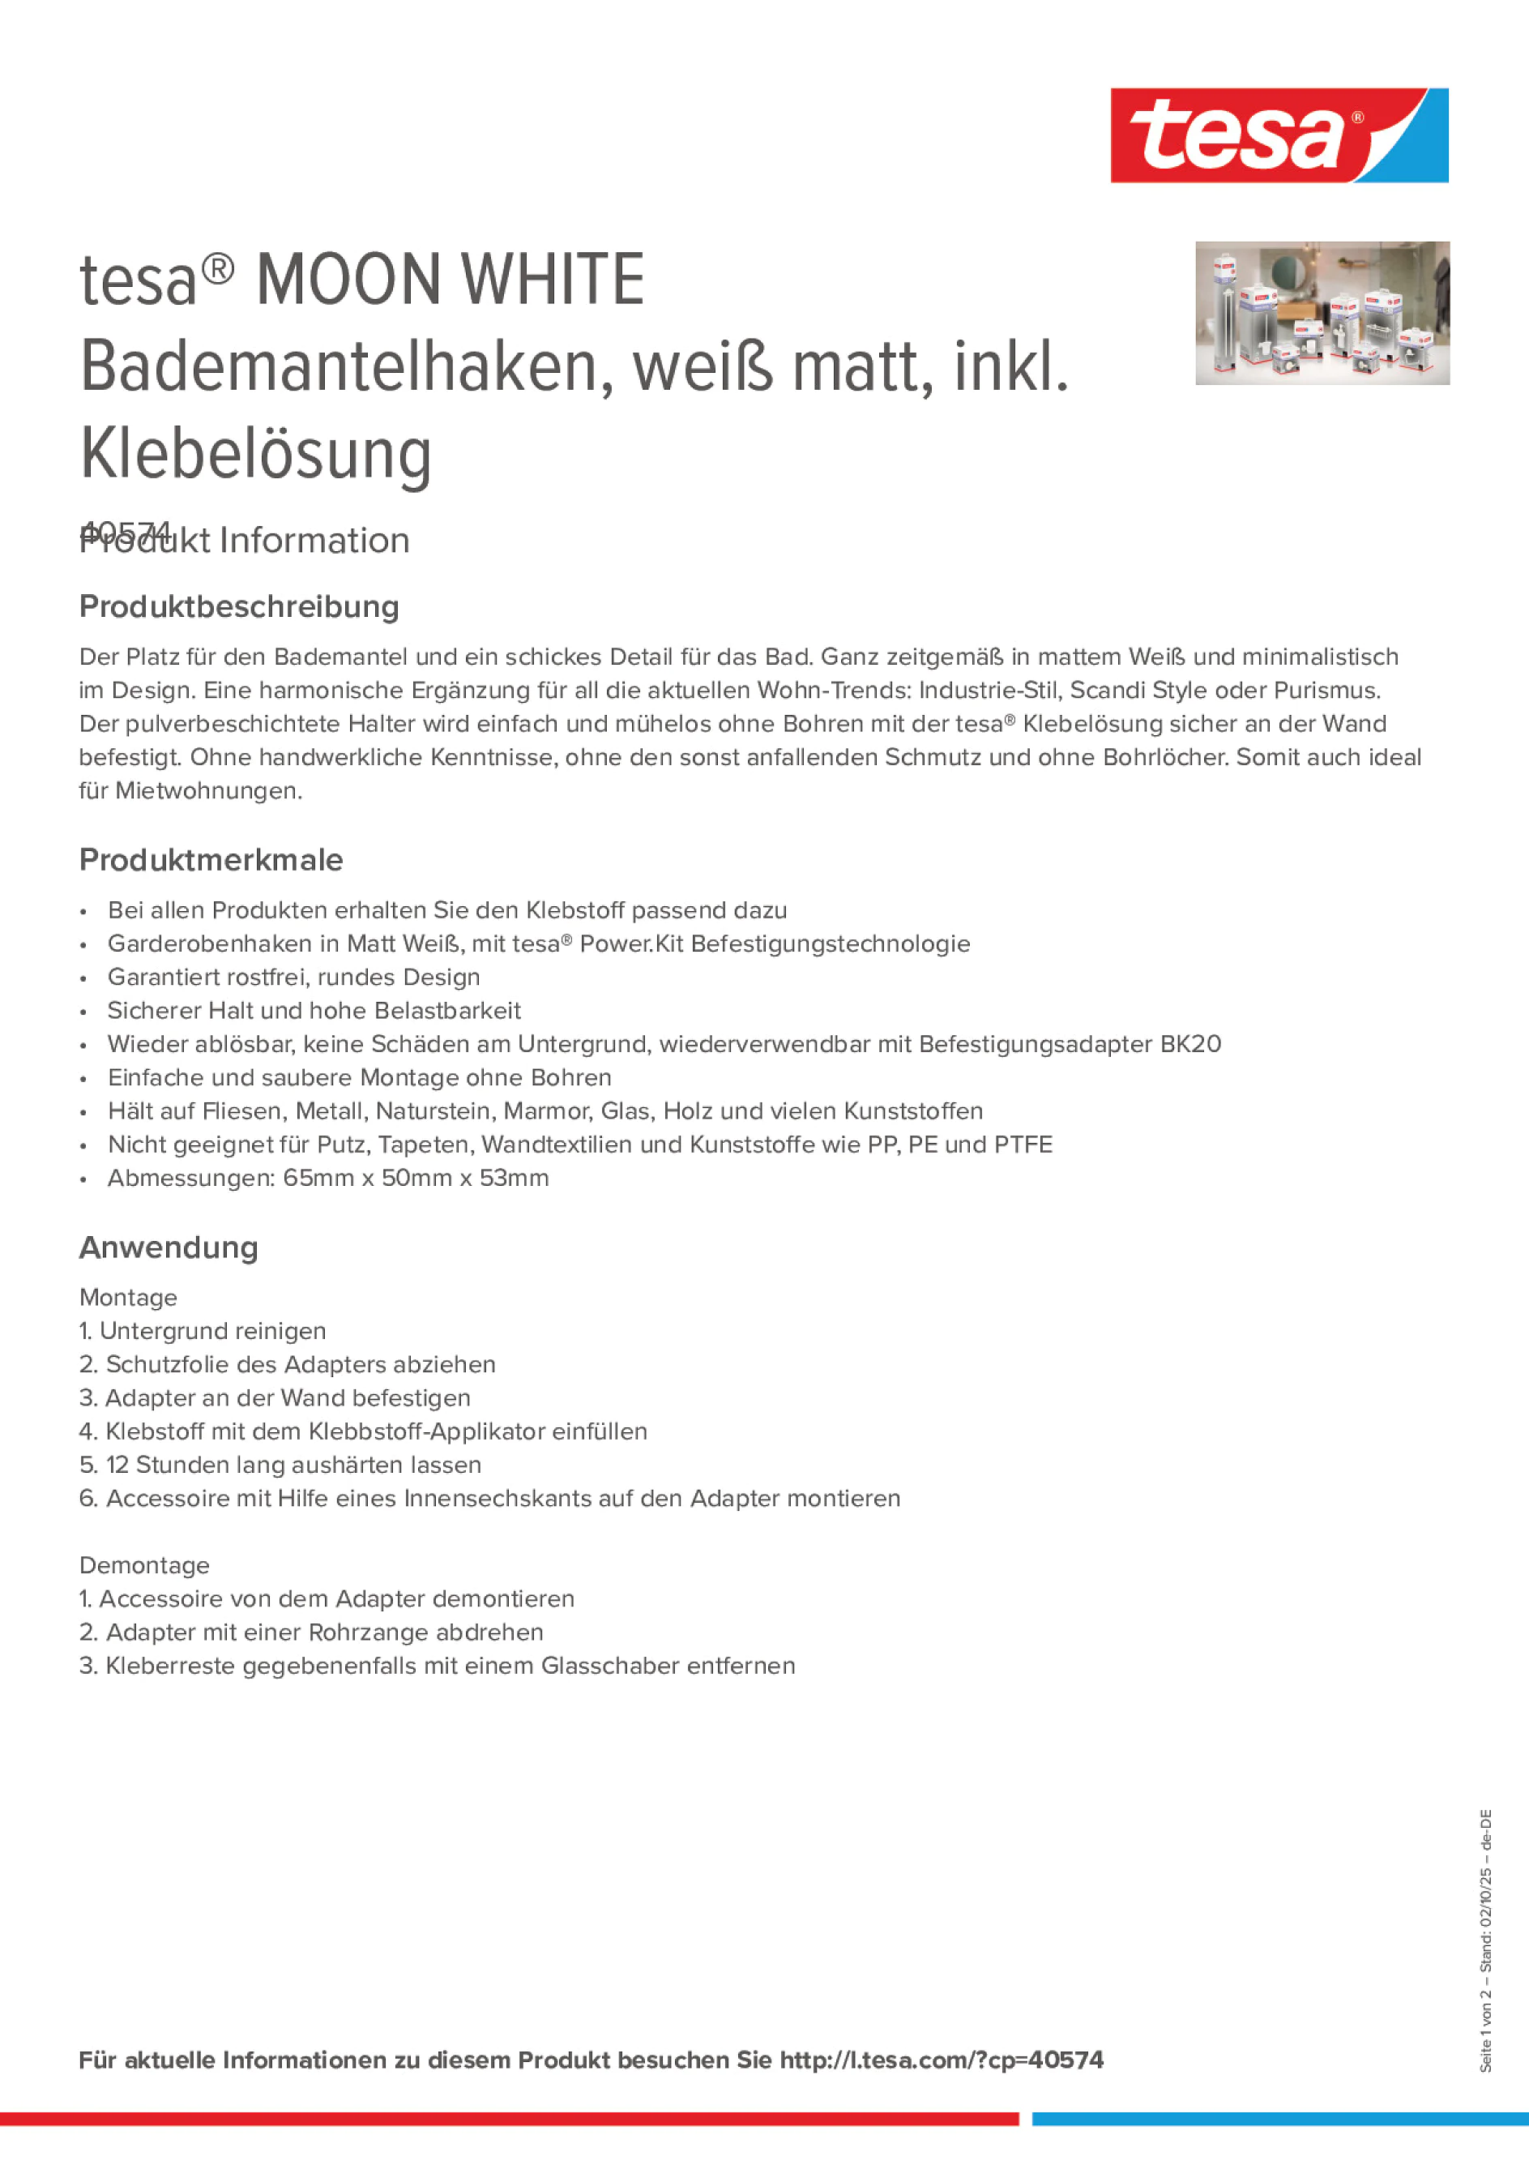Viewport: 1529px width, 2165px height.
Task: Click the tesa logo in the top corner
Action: pyautogui.click(x=1279, y=135)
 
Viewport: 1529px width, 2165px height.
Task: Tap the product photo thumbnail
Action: pyautogui.click(x=1322, y=313)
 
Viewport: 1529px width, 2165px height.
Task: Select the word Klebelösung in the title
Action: pyautogui.click(x=255, y=455)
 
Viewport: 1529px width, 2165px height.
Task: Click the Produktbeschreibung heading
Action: pyautogui.click(x=239, y=606)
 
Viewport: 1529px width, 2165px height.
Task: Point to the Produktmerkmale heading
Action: pyautogui.click(x=211, y=860)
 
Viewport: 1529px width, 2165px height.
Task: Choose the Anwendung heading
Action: pyautogui.click(x=169, y=1247)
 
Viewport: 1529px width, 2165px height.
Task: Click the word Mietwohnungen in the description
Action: pyautogui.click(x=207, y=791)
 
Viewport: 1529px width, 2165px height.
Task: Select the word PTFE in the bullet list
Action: pyautogui.click(x=1023, y=1145)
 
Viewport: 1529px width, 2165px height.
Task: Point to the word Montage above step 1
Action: pyautogui.click(x=128, y=1298)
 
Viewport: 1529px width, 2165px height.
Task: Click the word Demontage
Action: pyautogui.click(x=144, y=1565)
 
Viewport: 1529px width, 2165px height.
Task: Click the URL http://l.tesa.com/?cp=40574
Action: pyautogui.click(x=941, y=2060)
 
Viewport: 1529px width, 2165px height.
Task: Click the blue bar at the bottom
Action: pyautogui.click(x=1279, y=2119)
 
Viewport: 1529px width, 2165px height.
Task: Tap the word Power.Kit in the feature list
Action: pyautogui.click(x=630, y=943)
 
